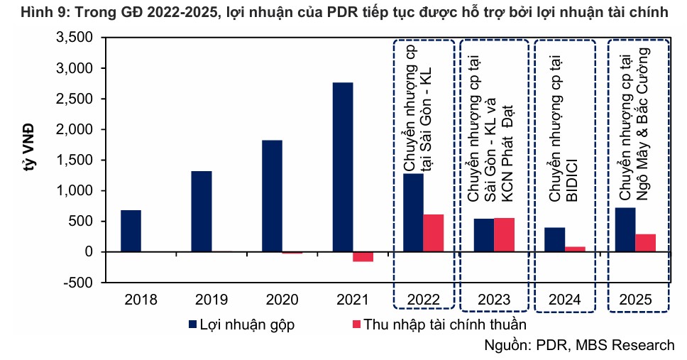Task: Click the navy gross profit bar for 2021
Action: pos(342,167)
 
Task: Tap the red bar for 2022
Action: pos(433,233)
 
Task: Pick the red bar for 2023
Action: pos(504,235)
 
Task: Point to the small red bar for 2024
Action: pos(575,249)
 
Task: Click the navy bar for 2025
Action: pos(625,229)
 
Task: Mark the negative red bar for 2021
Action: pos(363,256)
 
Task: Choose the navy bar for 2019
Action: pos(202,211)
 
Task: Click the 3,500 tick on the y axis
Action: pos(73,38)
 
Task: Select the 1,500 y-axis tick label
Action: pos(73,160)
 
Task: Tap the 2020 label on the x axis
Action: pos(282,300)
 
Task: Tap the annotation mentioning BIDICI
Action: pos(565,128)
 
